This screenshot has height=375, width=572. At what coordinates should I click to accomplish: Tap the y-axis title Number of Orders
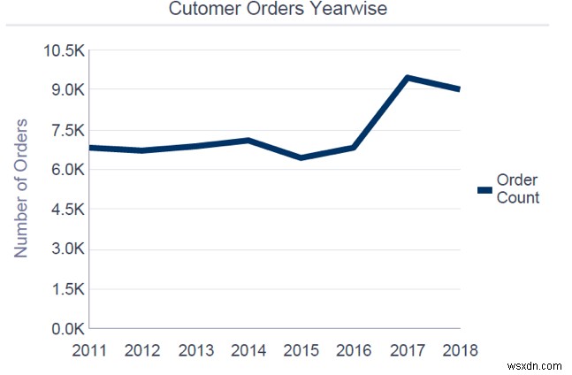tap(21, 187)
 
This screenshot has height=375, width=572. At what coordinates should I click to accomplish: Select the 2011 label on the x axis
tap(89, 349)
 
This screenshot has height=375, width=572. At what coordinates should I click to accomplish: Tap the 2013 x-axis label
tap(196, 349)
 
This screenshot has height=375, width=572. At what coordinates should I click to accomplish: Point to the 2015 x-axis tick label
tap(302, 349)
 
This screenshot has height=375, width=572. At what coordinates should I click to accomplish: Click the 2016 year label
tap(355, 349)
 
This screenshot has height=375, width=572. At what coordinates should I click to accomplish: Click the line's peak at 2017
tap(408, 78)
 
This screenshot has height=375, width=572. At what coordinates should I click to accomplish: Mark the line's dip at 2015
tap(302, 158)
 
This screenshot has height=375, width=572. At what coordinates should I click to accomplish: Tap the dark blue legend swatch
tap(484, 189)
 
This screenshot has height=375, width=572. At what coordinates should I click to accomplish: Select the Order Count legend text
tap(518, 189)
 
